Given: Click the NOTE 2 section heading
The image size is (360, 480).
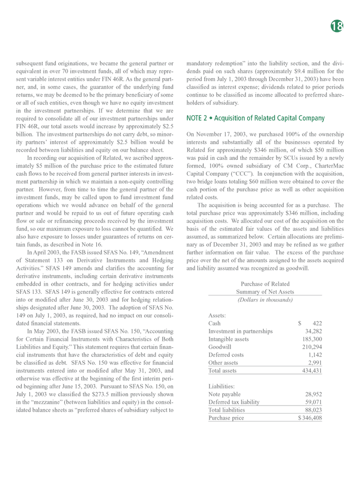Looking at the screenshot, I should click(255, 118).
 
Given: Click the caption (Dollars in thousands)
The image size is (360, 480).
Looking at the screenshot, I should click(265, 300).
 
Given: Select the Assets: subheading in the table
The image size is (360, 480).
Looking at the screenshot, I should click(217, 314).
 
